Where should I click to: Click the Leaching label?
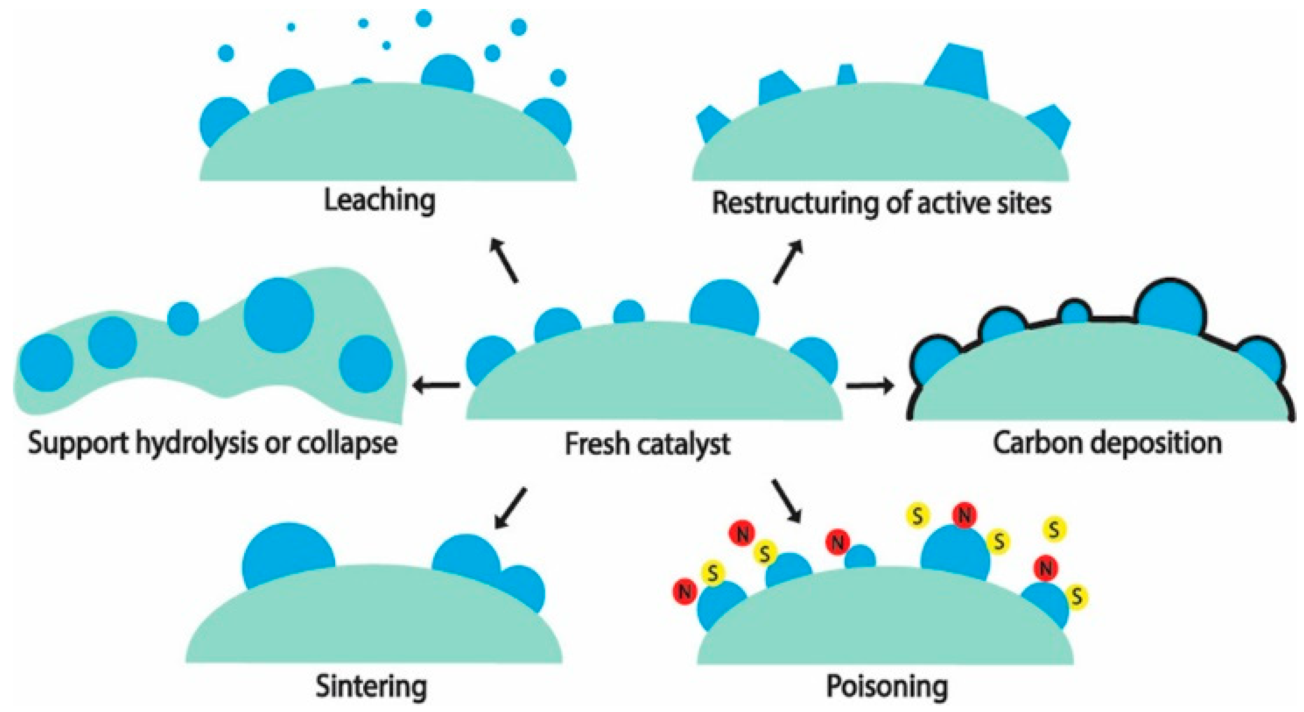click(379, 200)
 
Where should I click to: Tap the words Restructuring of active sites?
click(882, 203)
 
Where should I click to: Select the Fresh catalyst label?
click(647, 444)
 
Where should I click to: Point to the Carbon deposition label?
click(1107, 443)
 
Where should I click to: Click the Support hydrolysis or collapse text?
click(213, 443)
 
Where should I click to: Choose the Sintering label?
click(371, 686)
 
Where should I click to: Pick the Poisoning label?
click(887, 686)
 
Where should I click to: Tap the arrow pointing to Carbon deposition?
click(869, 387)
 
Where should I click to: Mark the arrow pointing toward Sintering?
click(510, 508)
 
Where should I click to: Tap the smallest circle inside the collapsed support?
click(183, 319)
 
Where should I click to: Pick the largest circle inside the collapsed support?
click(279, 314)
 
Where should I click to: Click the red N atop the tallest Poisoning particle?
click(964, 516)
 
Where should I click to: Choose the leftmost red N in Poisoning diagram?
click(685, 591)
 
